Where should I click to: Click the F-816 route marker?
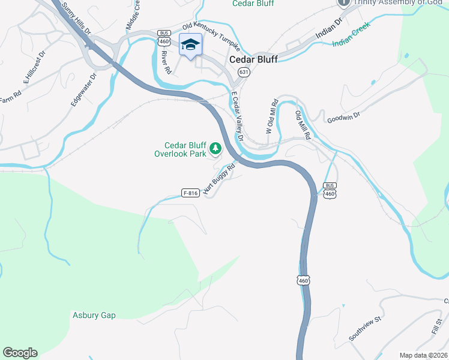190,193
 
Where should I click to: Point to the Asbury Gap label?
94,315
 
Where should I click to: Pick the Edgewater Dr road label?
83,91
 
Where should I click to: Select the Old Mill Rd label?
302,124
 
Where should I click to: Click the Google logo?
20,353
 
